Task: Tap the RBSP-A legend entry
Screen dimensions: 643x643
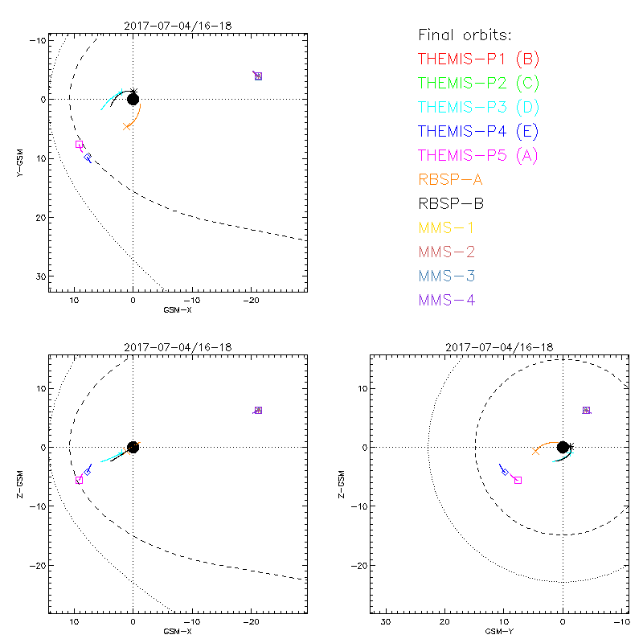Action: (451, 179)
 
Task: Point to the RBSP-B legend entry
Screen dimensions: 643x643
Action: (451, 203)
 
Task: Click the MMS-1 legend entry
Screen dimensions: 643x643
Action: (447, 227)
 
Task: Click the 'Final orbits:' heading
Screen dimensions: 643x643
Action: (465, 35)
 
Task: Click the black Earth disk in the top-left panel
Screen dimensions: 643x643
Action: (133, 99)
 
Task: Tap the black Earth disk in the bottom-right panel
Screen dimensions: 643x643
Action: (563, 447)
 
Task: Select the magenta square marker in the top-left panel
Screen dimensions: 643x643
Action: (79, 145)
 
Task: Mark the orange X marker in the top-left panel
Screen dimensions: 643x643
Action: (126, 126)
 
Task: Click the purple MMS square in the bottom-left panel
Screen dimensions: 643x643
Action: (258, 410)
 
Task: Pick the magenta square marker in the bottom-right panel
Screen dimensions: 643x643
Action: (518, 480)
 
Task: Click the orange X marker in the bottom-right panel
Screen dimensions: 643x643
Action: (535, 452)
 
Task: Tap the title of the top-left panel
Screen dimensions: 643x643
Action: (178, 25)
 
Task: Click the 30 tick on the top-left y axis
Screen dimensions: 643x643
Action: (36, 276)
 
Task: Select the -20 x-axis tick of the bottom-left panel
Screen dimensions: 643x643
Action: (251, 621)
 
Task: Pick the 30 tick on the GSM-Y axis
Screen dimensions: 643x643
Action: (385, 621)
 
